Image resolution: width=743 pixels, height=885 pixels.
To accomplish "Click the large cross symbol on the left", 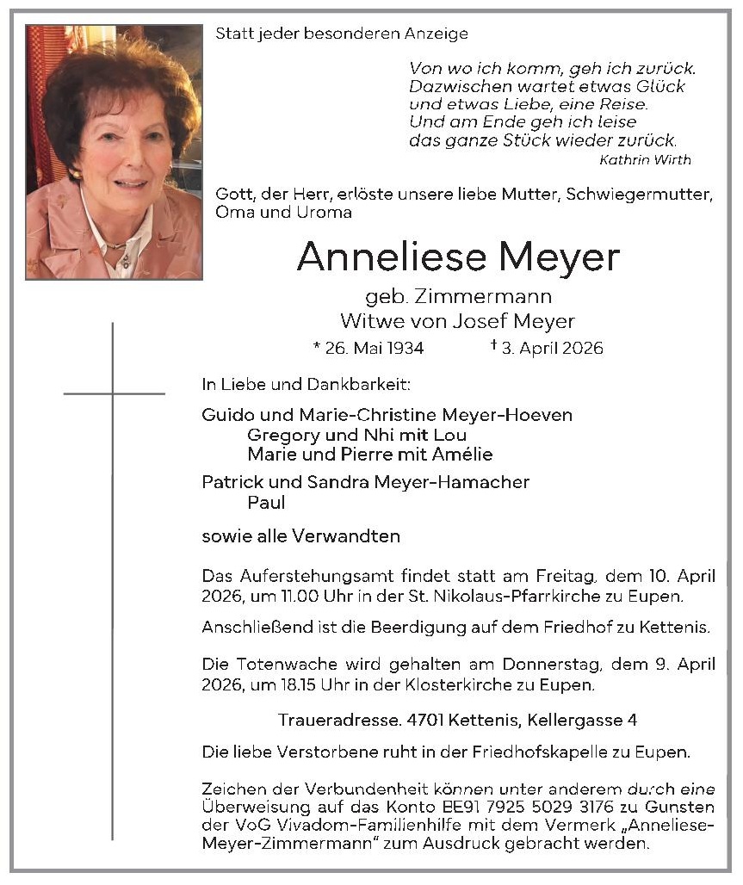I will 113,394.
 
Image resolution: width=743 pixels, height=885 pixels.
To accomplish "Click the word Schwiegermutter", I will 638,195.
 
